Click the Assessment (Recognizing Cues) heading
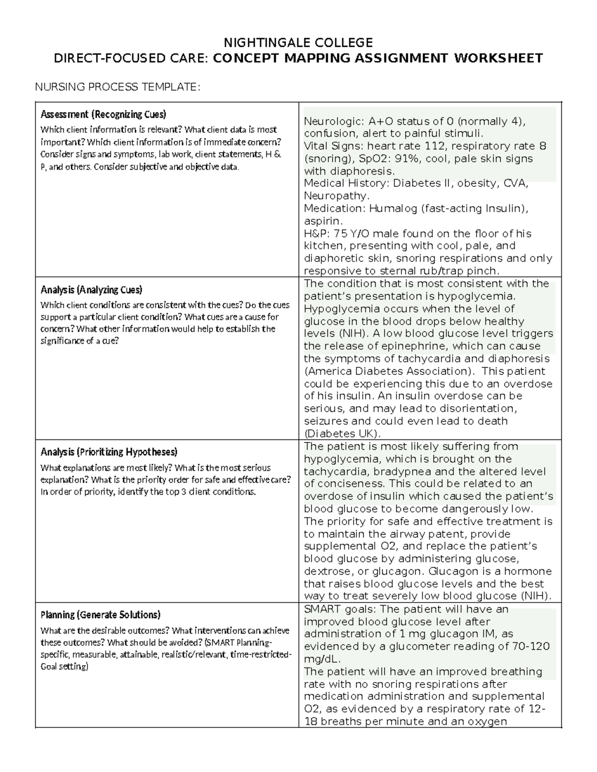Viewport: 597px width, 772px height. (103, 114)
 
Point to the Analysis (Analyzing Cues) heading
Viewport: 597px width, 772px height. (91, 290)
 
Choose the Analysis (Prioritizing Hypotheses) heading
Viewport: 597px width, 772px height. (108, 452)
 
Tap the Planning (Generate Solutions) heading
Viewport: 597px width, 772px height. (100, 614)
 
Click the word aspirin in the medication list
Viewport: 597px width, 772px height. (322, 221)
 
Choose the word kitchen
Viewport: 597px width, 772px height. (324, 246)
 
